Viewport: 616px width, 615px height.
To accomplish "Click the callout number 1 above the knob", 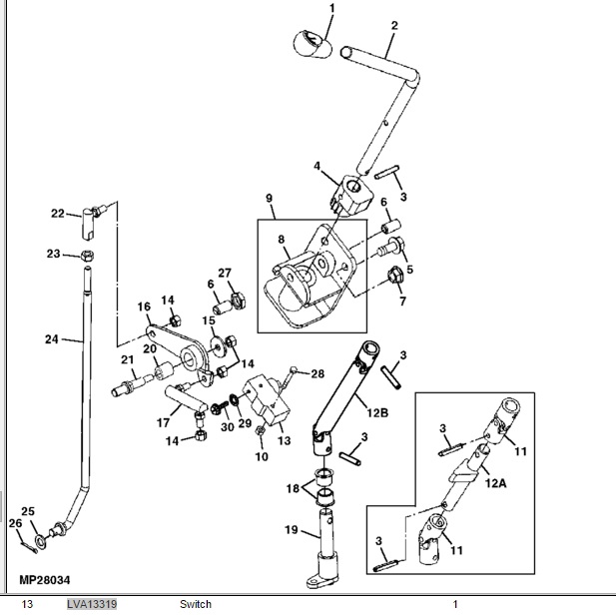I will point(332,9).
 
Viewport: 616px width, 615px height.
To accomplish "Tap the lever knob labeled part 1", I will point(310,43).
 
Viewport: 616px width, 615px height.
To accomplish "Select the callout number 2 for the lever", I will point(393,25).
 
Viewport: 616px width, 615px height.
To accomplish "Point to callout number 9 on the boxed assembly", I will point(269,199).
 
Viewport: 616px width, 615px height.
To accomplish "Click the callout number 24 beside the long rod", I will point(51,339).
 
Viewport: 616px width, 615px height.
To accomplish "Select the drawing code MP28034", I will point(48,579).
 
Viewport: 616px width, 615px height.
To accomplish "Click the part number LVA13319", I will point(92,604).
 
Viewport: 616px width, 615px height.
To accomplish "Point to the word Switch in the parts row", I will point(196,604).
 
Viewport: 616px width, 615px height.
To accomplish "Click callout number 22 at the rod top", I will point(58,213).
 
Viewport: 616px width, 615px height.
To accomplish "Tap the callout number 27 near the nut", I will point(225,273).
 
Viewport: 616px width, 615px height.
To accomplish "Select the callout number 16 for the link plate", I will point(143,307).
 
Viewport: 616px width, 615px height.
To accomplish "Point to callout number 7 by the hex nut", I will point(403,301).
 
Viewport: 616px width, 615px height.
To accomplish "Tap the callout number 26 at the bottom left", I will point(14,522).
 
